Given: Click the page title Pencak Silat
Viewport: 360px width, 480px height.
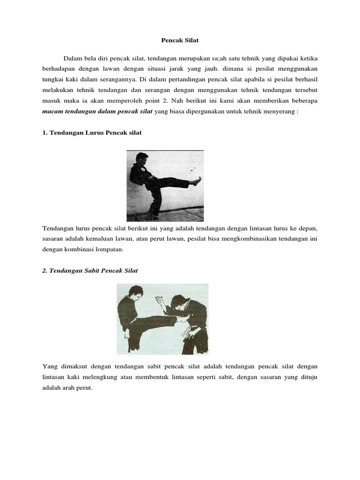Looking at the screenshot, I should point(180,40).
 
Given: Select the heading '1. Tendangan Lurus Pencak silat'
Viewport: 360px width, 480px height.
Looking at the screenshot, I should point(92,133).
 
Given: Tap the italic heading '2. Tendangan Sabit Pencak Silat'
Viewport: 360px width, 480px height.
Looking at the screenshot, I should point(90,270).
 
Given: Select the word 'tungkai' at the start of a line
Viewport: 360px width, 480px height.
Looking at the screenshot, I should point(53,79).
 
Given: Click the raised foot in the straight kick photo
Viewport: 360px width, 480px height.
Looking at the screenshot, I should point(198,179).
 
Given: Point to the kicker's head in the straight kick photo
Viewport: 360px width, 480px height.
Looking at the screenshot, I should point(141,158).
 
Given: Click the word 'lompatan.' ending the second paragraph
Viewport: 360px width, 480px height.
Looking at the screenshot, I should point(109,249).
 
